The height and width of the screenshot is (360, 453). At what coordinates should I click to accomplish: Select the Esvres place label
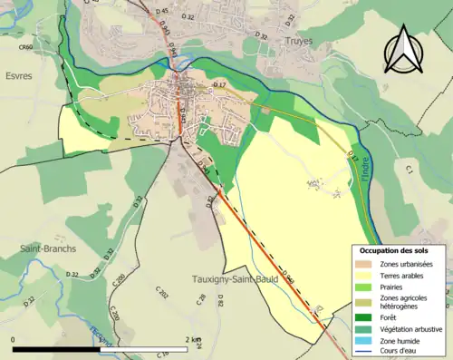tap(18, 76)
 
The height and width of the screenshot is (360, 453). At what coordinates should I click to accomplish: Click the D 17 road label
tap(218, 85)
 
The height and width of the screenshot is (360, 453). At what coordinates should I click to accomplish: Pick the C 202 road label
tap(162, 294)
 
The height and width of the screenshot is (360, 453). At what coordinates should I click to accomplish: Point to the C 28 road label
tap(200, 300)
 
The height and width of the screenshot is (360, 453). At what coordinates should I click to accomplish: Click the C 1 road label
tap(409, 170)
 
